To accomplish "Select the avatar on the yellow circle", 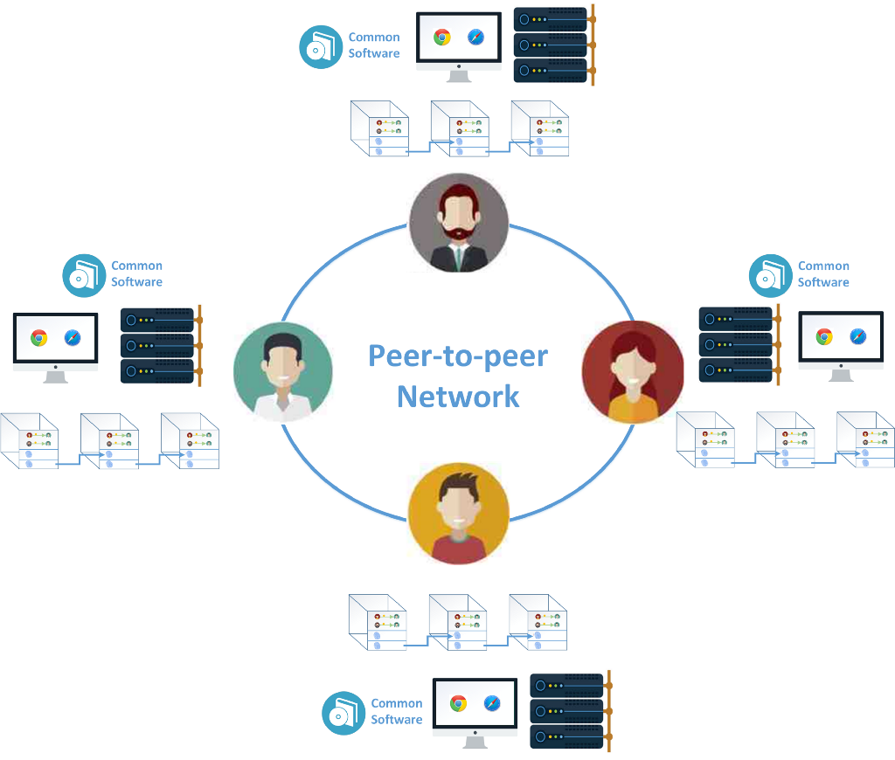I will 459,513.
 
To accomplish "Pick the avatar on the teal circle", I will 282,371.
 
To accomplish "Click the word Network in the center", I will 458,396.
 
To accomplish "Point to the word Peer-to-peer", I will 458,356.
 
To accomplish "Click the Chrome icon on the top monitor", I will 442,38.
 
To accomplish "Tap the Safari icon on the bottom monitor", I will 492,703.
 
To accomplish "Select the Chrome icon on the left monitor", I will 38,338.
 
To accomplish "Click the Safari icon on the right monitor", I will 858,336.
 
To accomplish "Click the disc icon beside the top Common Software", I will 321,47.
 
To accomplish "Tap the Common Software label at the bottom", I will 396,711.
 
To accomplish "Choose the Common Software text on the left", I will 136,273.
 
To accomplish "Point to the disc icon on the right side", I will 771,276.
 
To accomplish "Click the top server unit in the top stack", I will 550,20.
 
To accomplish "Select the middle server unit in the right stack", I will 735,344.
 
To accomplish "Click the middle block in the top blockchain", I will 460,129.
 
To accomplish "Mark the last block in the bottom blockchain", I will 538,623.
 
